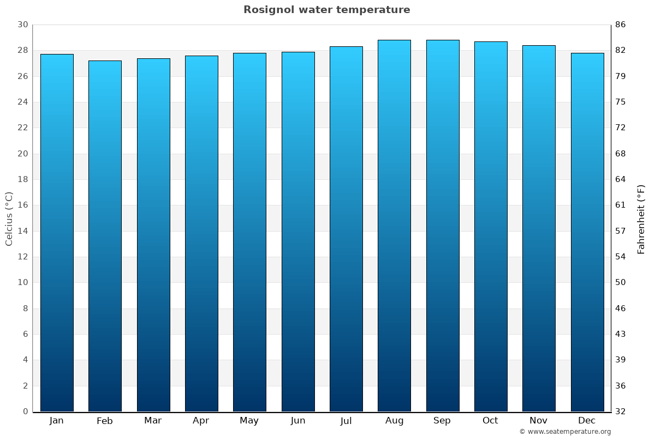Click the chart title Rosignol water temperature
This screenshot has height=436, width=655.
(x=326, y=10)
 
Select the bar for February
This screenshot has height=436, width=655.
(x=105, y=236)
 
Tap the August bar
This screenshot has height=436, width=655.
(x=394, y=226)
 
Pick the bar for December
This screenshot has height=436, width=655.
(x=587, y=232)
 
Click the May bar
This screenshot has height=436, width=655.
(x=249, y=232)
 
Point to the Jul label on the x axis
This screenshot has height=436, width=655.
(x=346, y=421)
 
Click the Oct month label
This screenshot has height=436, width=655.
(x=490, y=421)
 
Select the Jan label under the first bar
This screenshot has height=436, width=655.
(x=57, y=421)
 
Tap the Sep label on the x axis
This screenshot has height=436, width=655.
(x=442, y=421)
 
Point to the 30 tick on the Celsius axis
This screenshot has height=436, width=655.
(x=22, y=25)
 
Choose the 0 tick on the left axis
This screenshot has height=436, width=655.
(x=25, y=411)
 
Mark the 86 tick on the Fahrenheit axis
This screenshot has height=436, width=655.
(x=621, y=25)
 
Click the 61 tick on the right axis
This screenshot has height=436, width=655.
(x=621, y=205)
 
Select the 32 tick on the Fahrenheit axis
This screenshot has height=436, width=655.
(x=621, y=411)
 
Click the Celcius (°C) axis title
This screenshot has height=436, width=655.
(x=9, y=219)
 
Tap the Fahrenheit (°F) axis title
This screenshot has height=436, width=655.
(x=641, y=219)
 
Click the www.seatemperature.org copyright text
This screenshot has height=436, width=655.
(x=565, y=432)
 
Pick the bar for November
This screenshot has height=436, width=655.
(x=539, y=228)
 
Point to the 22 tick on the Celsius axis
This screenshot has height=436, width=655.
(x=22, y=128)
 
